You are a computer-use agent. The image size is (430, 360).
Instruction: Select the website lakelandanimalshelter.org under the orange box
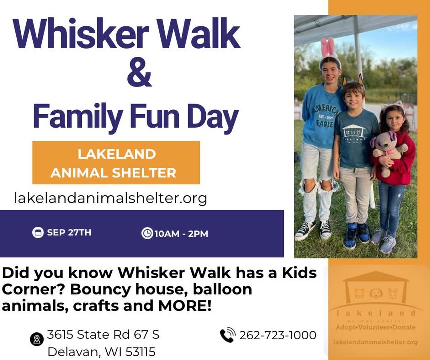pos(110,198)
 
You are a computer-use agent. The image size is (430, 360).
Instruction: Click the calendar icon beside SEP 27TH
pos(38,233)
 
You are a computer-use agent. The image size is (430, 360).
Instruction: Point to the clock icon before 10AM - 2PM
pos(147,233)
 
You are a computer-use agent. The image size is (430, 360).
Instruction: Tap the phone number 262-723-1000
pos(278,335)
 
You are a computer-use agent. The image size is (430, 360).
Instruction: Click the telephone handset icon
pos(228,335)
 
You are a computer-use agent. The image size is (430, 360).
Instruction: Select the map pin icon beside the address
pos(37,339)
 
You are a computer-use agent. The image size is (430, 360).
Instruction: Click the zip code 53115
pos(140,352)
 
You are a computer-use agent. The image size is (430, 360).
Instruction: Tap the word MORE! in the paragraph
pos(185,306)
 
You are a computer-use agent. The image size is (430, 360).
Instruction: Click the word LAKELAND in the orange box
pos(117,154)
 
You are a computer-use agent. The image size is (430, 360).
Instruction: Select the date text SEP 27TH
pos(69,233)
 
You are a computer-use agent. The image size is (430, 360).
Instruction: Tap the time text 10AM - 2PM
pos(181,234)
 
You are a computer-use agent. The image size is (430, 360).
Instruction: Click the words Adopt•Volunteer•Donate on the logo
pos(376,327)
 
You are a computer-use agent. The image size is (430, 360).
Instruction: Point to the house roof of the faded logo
pos(376,276)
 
